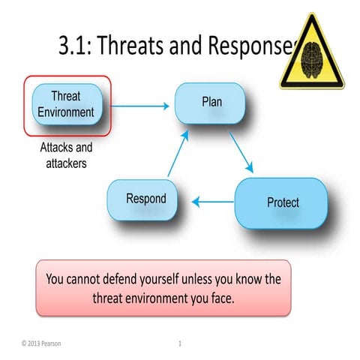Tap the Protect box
[282, 202]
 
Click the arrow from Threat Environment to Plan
[142, 106]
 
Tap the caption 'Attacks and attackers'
[66, 154]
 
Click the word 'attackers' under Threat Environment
[66, 163]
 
